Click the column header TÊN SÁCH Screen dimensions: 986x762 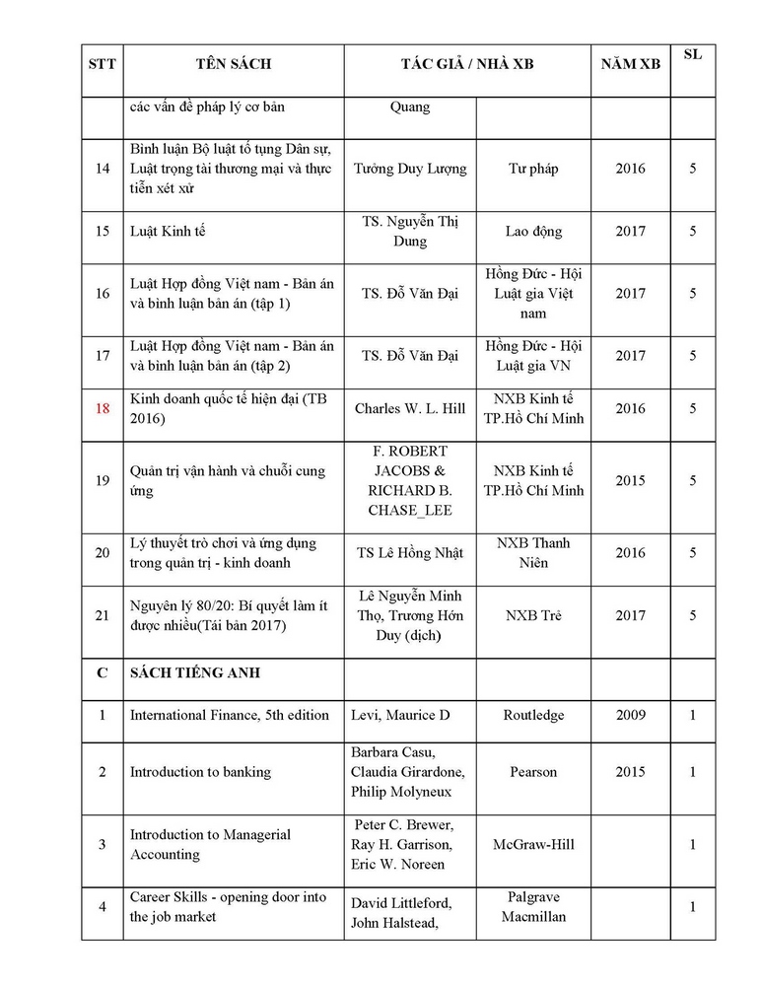pyautogui.click(x=233, y=65)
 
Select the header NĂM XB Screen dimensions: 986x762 pyautogui.click(x=631, y=65)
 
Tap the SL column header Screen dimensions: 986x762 pyautogui.click(x=693, y=54)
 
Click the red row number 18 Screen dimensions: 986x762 pyautogui.click(x=103, y=408)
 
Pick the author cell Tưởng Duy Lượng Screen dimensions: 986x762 pyautogui.click(x=410, y=169)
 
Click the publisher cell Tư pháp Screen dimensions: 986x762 pyautogui.click(x=533, y=169)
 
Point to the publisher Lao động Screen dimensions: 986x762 pyautogui.click(x=533, y=232)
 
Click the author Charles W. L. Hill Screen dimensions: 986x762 pyautogui.click(x=410, y=408)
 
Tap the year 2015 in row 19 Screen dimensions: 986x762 pyautogui.click(x=631, y=481)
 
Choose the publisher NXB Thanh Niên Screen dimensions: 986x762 pyautogui.click(x=533, y=553)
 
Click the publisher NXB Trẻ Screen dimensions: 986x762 pyautogui.click(x=533, y=615)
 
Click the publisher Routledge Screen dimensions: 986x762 pyautogui.click(x=533, y=715)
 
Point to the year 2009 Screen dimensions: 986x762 pyautogui.click(x=631, y=715)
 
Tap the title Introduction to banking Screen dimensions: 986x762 pyautogui.click(x=200, y=772)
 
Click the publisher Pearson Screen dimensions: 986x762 pyautogui.click(x=533, y=772)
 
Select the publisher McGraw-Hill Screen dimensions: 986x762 pyautogui.click(x=533, y=845)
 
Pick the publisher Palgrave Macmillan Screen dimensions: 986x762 pyautogui.click(x=533, y=907)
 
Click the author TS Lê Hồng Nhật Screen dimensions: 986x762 pyautogui.click(x=410, y=553)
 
